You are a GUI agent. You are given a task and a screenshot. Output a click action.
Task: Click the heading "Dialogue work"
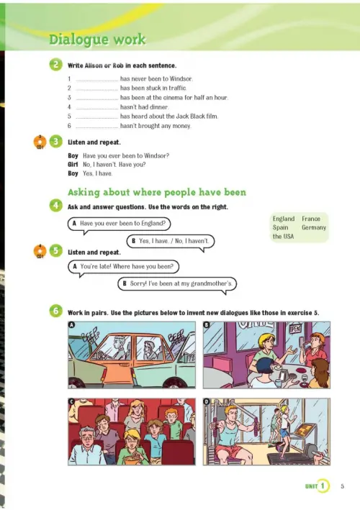click(97, 40)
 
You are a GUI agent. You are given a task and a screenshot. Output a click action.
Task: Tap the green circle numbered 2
click(55, 65)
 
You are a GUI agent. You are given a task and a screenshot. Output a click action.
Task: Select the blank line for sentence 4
click(97, 109)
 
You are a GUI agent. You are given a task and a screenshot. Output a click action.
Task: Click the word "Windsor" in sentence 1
click(181, 78)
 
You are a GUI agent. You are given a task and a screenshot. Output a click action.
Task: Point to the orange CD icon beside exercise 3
click(40, 142)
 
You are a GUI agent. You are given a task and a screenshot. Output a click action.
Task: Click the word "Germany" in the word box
click(314, 227)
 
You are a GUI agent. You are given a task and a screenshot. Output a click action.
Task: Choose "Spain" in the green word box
click(280, 227)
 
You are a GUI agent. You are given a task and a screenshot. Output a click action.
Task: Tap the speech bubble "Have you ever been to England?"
click(119, 224)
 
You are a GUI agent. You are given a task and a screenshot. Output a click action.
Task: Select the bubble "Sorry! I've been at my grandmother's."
click(177, 284)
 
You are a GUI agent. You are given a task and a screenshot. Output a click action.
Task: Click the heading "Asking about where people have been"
click(157, 192)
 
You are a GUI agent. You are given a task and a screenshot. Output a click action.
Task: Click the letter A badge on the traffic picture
click(71, 324)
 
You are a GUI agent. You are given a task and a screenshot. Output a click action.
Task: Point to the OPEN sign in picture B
click(295, 329)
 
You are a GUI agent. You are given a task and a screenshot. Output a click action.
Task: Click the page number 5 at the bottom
click(343, 486)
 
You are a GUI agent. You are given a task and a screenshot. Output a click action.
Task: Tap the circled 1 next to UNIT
click(323, 486)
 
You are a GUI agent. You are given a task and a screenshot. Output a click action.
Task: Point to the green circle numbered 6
click(55, 311)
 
